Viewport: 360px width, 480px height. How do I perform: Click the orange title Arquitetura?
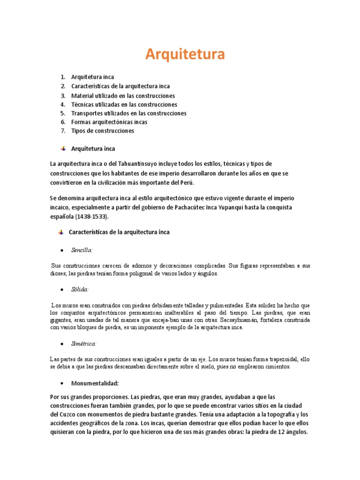[x=185, y=54]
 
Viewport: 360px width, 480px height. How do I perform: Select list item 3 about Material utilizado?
[x=123, y=96]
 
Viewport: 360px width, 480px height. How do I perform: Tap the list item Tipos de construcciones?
[x=102, y=131]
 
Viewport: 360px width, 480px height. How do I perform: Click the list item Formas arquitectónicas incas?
[x=109, y=122]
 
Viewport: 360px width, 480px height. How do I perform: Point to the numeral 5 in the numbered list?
[x=62, y=113]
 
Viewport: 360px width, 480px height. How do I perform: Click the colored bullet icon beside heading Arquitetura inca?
[x=62, y=149]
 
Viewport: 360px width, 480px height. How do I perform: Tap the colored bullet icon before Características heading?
[x=61, y=232]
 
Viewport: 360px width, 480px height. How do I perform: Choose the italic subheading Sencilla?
[x=82, y=250]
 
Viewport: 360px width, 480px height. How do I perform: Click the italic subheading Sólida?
[x=80, y=290]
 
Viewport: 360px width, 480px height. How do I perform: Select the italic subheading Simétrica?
[x=84, y=344]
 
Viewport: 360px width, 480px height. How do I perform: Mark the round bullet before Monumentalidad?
[x=62, y=383]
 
